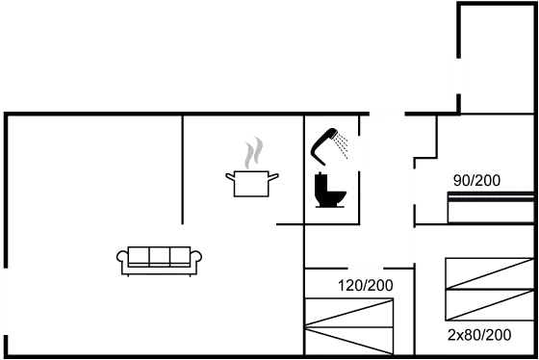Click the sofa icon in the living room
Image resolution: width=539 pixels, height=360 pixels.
[x=160, y=258]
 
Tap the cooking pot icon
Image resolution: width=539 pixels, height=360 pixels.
[x=252, y=182]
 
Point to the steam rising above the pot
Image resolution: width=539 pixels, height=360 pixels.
[x=252, y=152]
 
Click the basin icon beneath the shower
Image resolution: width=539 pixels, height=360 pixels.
[x=331, y=198]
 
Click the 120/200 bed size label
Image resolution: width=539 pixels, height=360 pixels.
[x=366, y=286]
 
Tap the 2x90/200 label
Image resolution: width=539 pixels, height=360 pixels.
[x=479, y=334]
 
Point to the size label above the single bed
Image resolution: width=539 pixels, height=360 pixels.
[x=475, y=181]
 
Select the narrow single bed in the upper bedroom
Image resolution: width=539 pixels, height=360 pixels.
[x=490, y=207]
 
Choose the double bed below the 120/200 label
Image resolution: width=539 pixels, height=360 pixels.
[x=349, y=327]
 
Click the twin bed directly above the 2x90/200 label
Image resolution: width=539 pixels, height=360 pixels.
[x=489, y=304]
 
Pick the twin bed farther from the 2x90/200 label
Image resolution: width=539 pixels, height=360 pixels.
[x=489, y=273]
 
